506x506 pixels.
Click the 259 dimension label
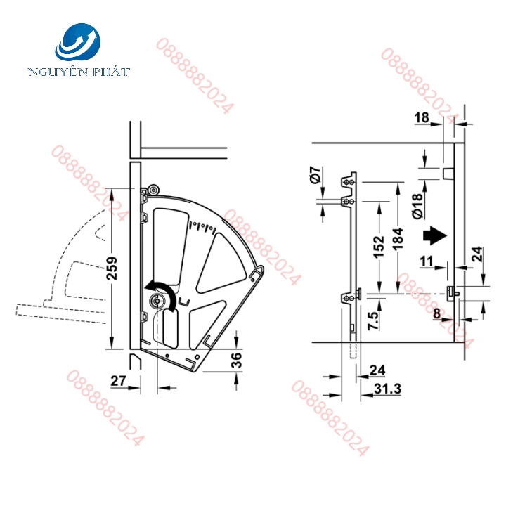coord(112,268)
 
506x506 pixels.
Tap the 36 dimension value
coord(237,360)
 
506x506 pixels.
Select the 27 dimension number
coord(119,381)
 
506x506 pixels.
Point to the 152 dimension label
coord(379,247)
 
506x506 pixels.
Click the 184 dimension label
coord(398,238)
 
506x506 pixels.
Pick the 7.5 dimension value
coord(373,320)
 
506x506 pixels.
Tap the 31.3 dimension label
coord(387,389)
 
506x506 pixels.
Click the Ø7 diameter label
coord(316,174)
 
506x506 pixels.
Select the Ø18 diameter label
coord(417,206)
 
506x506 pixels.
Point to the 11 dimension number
coord(427,261)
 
